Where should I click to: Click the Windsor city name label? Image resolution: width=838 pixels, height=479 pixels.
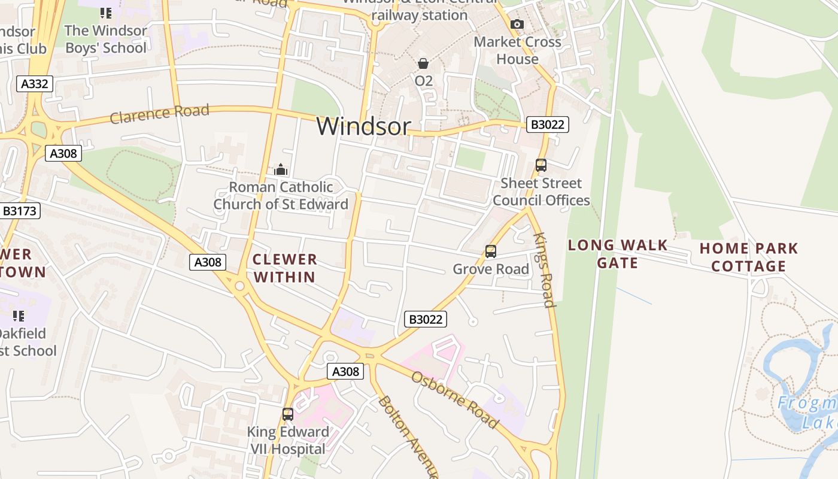pos(363,126)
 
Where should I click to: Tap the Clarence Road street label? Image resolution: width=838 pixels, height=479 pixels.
pos(159,113)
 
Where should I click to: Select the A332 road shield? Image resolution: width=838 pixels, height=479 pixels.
pos(34,84)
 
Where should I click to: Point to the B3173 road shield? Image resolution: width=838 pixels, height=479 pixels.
pos(20,211)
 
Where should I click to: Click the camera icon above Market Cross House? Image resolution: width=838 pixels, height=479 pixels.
pos(517,24)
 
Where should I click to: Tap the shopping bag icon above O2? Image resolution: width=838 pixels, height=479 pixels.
pos(423,63)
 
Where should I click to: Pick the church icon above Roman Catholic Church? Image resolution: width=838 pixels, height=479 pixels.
pos(281,170)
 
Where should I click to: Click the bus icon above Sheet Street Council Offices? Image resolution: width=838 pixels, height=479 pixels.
pos(541,165)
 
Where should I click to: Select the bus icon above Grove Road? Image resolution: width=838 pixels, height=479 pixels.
pos(491,251)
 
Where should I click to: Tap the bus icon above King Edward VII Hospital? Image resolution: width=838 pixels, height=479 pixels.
pos(288,414)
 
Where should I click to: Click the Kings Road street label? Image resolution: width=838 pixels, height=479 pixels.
pos(545,269)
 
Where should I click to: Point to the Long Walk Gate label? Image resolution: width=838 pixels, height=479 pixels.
pos(617,254)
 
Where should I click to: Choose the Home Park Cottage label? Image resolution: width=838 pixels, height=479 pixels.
pos(748,257)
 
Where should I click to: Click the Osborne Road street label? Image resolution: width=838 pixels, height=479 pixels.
pos(455,399)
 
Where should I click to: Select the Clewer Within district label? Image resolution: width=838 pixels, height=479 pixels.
pos(284,268)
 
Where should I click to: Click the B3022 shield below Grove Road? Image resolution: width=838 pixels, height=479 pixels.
pos(425,319)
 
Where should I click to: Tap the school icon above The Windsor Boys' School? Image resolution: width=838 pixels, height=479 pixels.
pos(106,13)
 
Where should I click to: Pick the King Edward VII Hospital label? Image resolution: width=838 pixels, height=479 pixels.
pos(288,440)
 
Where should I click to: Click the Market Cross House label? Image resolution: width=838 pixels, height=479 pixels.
pos(517,50)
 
